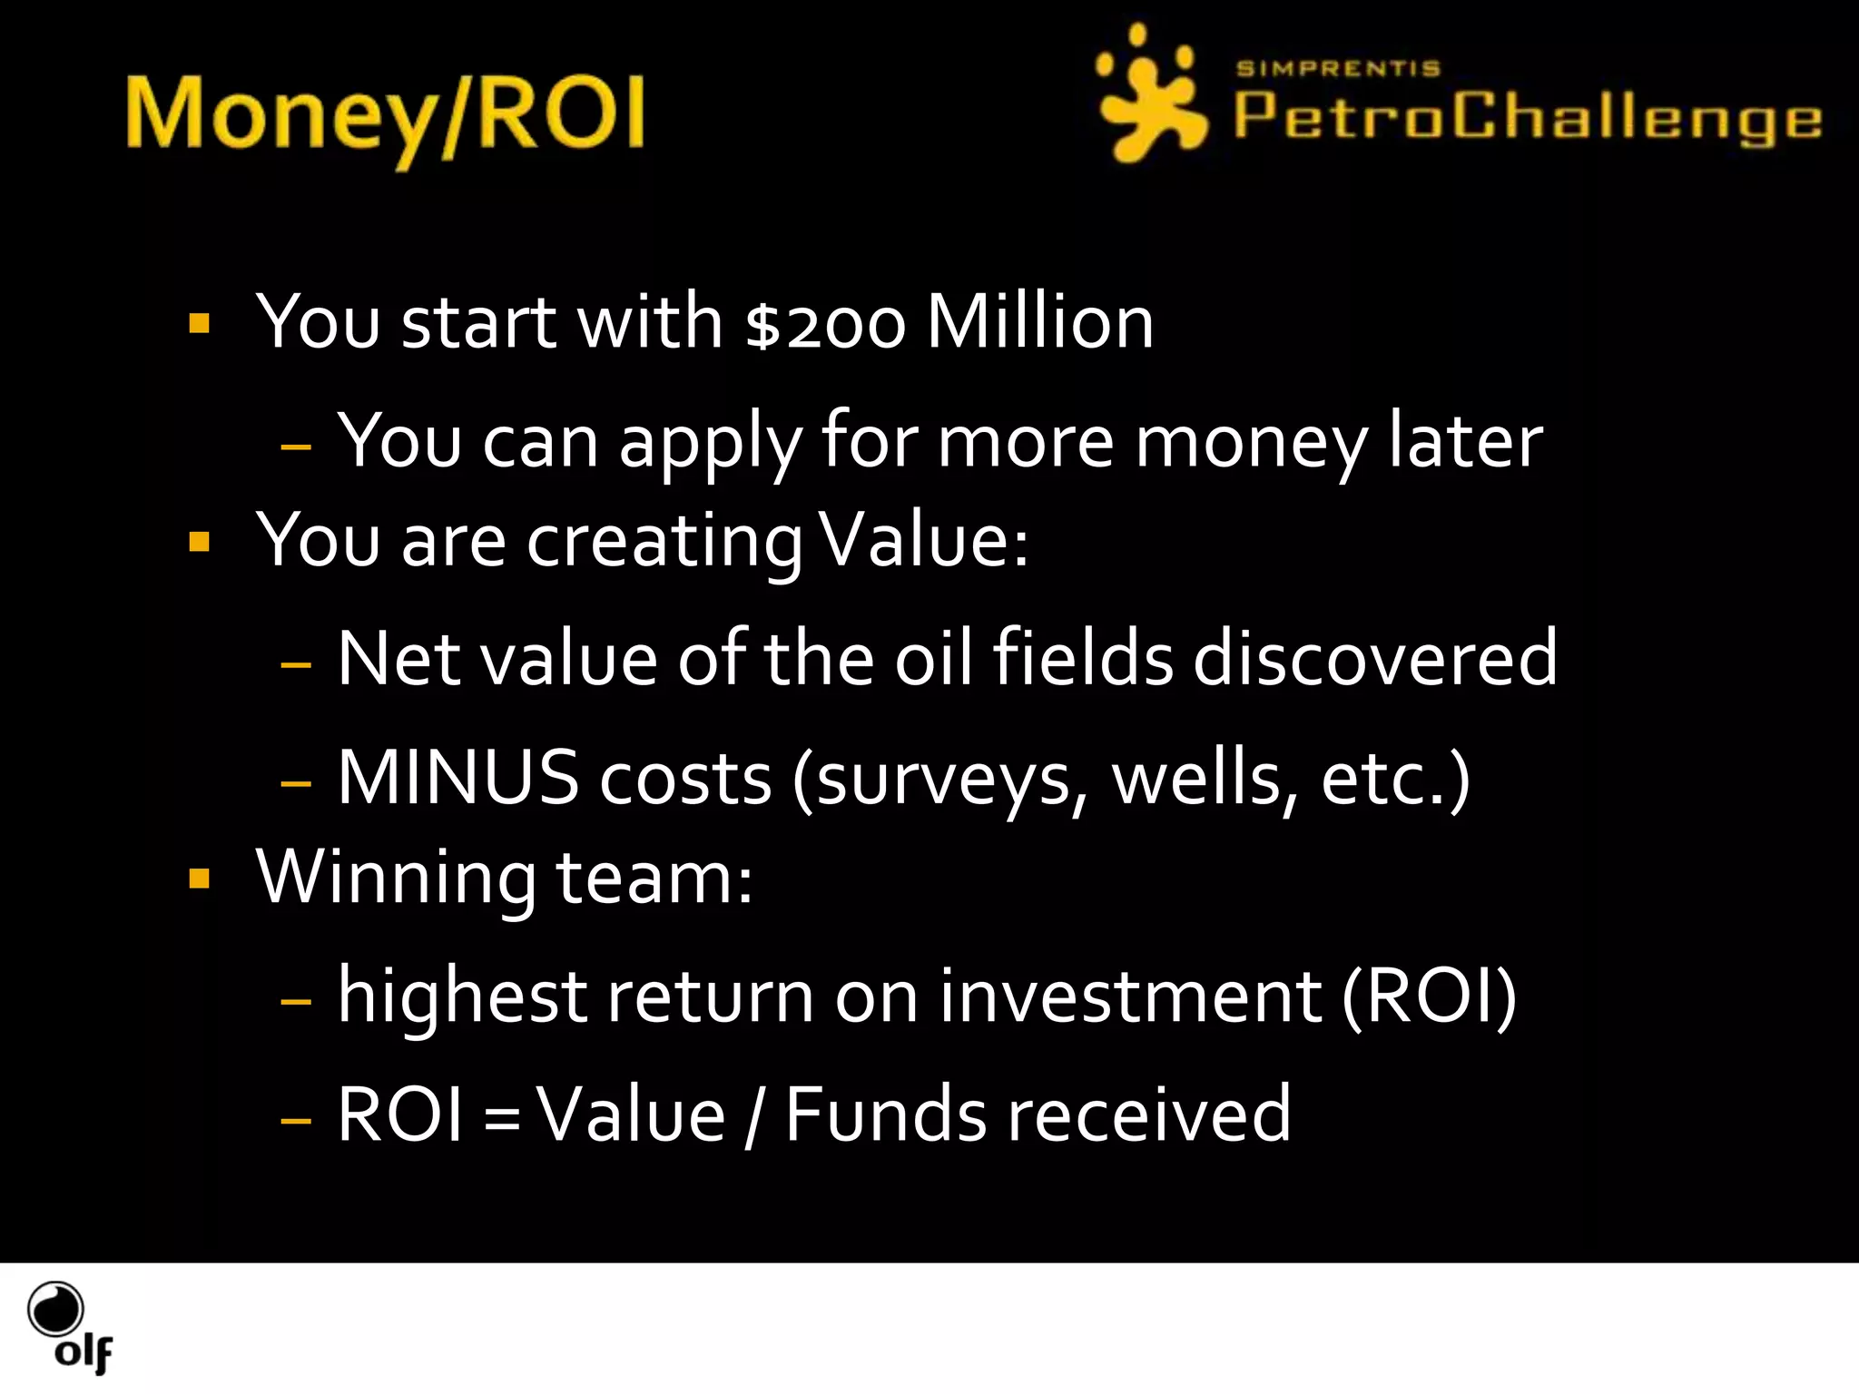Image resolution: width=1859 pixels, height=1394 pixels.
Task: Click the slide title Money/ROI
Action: [x=385, y=116]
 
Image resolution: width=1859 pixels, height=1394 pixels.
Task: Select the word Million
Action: [x=1039, y=323]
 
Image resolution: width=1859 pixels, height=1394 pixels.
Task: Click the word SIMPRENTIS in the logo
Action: [x=1337, y=69]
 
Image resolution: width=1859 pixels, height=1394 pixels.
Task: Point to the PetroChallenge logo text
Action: [x=1527, y=118]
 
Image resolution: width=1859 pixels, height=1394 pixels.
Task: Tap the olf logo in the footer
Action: [x=69, y=1327]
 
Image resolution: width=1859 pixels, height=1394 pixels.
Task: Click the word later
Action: [x=1465, y=442]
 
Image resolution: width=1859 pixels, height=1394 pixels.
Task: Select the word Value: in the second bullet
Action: [x=923, y=541]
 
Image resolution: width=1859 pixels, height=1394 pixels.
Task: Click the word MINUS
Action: [x=457, y=779]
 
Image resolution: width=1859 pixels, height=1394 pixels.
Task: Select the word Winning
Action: [x=396, y=879]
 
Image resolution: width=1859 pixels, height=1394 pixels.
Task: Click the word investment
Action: [x=1130, y=996]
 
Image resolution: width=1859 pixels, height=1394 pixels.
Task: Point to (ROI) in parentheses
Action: [x=1429, y=996]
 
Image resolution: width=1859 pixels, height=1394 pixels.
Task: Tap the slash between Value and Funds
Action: [x=752, y=1116]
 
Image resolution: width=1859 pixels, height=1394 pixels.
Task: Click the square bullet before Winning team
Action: [x=200, y=879]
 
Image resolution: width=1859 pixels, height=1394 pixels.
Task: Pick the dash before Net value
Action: [x=296, y=664]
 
